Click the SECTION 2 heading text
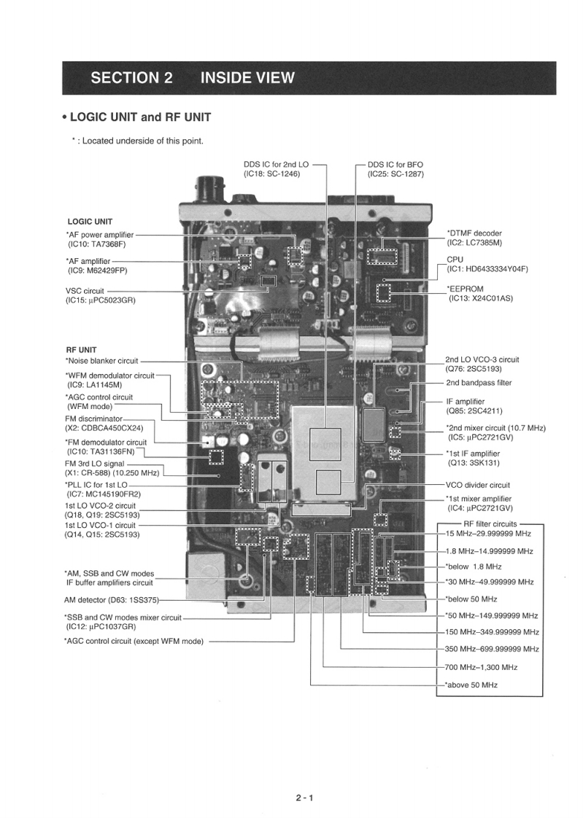click(132, 78)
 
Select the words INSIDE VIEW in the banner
click(247, 78)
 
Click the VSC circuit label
click(85, 291)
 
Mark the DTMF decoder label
click(474, 233)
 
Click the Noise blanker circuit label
click(101, 360)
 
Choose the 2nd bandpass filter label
click(478, 383)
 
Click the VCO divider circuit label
click(477, 485)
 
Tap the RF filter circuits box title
click(490, 523)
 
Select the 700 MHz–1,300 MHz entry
click(481, 667)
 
